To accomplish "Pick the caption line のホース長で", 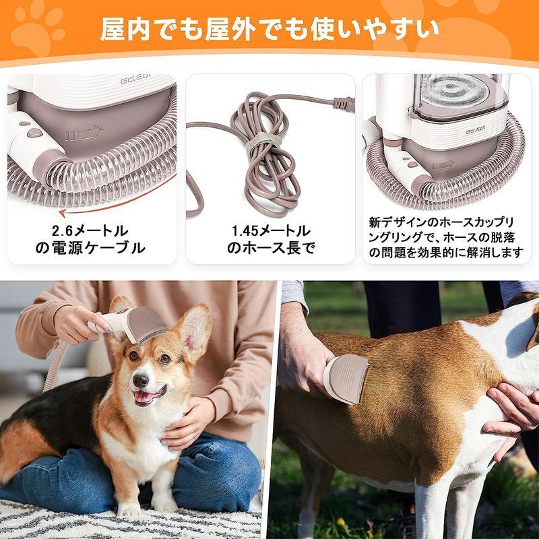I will (x=270, y=249).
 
